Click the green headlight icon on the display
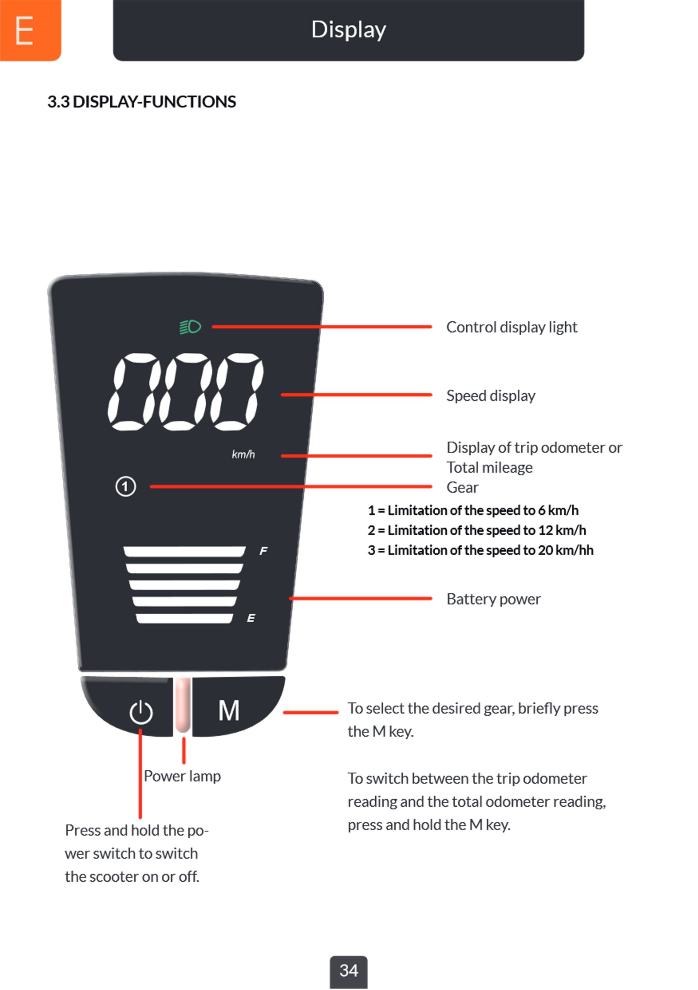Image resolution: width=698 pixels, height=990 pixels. pos(190,327)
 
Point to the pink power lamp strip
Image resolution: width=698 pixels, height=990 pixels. pos(183,705)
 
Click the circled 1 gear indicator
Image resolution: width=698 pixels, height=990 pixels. pos(125,487)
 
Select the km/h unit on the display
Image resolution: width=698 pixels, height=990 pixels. pos(243,454)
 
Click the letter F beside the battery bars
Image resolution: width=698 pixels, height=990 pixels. pos(263,551)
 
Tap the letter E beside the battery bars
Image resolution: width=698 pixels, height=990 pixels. pos(251,618)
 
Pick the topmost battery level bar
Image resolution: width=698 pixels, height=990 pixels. pos(184,551)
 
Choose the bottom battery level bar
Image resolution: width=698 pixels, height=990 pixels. pos(184,618)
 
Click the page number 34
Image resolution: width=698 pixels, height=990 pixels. pos(349,971)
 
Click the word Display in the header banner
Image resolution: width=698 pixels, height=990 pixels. pos(349,30)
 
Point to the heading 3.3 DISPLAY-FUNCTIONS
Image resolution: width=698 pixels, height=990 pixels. pos(142,102)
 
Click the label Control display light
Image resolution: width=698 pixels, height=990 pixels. pos(511,327)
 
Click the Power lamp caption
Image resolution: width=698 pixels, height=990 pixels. pos(182,776)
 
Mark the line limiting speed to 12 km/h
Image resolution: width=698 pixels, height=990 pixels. pos(477,530)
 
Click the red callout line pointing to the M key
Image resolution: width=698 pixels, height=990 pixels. pos(311,712)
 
